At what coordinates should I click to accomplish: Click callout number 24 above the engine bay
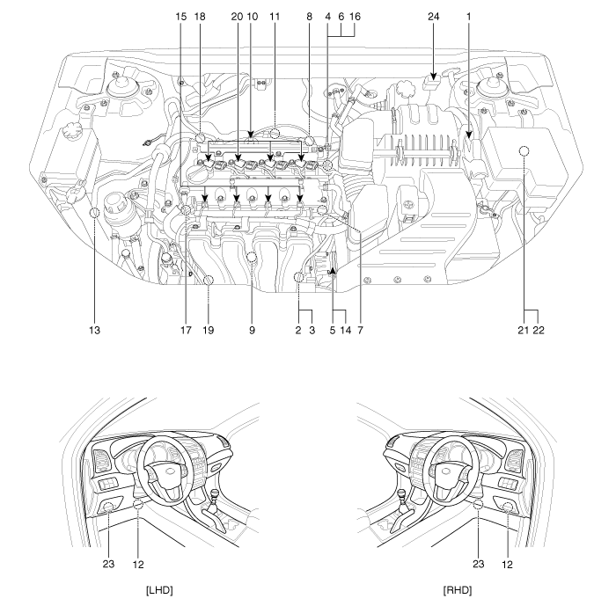click(433, 17)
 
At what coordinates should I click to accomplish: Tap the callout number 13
click(94, 331)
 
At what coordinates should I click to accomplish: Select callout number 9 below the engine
click(252, 331)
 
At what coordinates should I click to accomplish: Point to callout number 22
click(539, 331)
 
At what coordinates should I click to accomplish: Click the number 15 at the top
click(180, 17)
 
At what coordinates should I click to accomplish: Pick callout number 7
click(360, 331)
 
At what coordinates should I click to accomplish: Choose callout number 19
click(209, 331)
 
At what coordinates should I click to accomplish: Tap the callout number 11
click(275, 17)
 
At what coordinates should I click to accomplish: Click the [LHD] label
click(159, 590)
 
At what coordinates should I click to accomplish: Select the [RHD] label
click(458, 590)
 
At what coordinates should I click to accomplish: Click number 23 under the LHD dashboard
click(108, 564)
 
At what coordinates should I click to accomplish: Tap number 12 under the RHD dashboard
click(507, 565)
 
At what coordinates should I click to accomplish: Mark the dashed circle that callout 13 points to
click(94, 213)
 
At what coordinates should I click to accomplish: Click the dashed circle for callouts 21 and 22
click(524, 151)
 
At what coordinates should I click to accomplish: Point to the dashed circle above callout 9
click(252, 258)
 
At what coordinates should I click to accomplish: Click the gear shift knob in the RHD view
click(403, 493)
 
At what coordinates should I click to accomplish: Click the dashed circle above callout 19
click(209, 280)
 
